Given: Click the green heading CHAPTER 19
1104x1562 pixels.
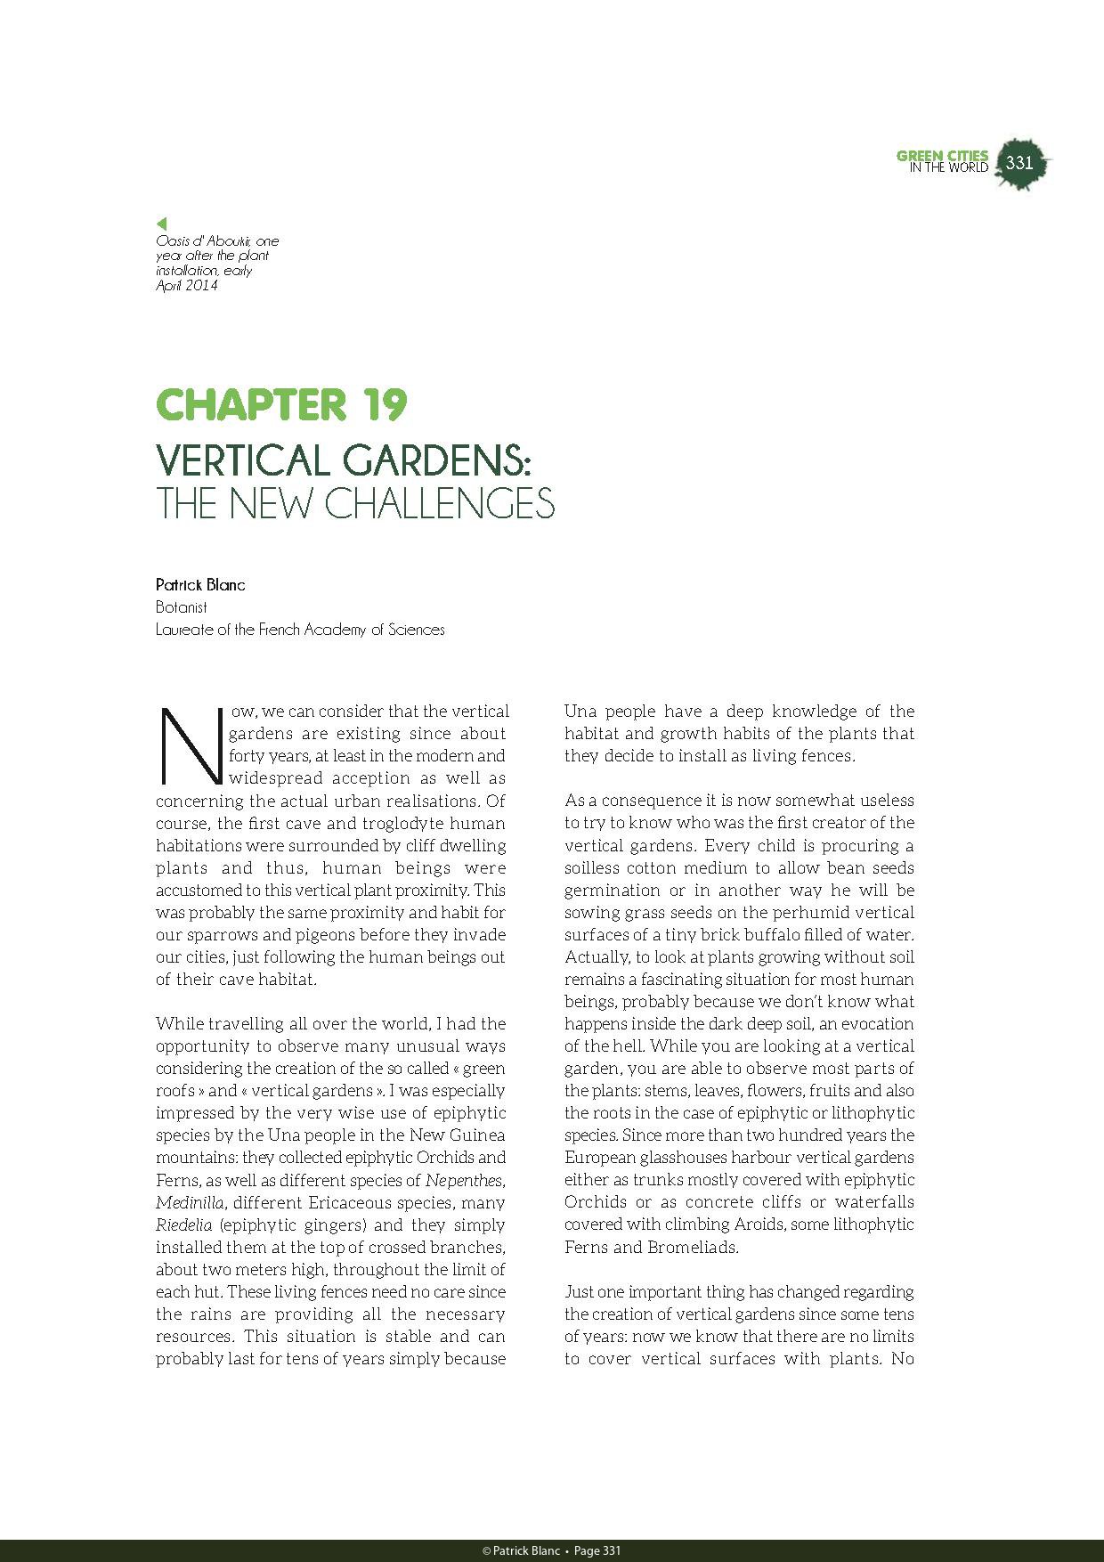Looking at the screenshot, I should (x=281, y=405).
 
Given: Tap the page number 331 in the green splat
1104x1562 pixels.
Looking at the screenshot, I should (x=1019, y=163).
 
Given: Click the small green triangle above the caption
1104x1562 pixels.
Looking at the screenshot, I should (x=161, y=224).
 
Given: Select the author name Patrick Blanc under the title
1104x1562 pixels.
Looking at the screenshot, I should (x=200, y=585).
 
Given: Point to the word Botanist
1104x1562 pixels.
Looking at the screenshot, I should (x=182, y=607).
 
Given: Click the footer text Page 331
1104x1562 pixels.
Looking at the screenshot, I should (x=597, y=1551).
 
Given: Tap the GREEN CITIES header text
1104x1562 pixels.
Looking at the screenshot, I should (x=942, y=156).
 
